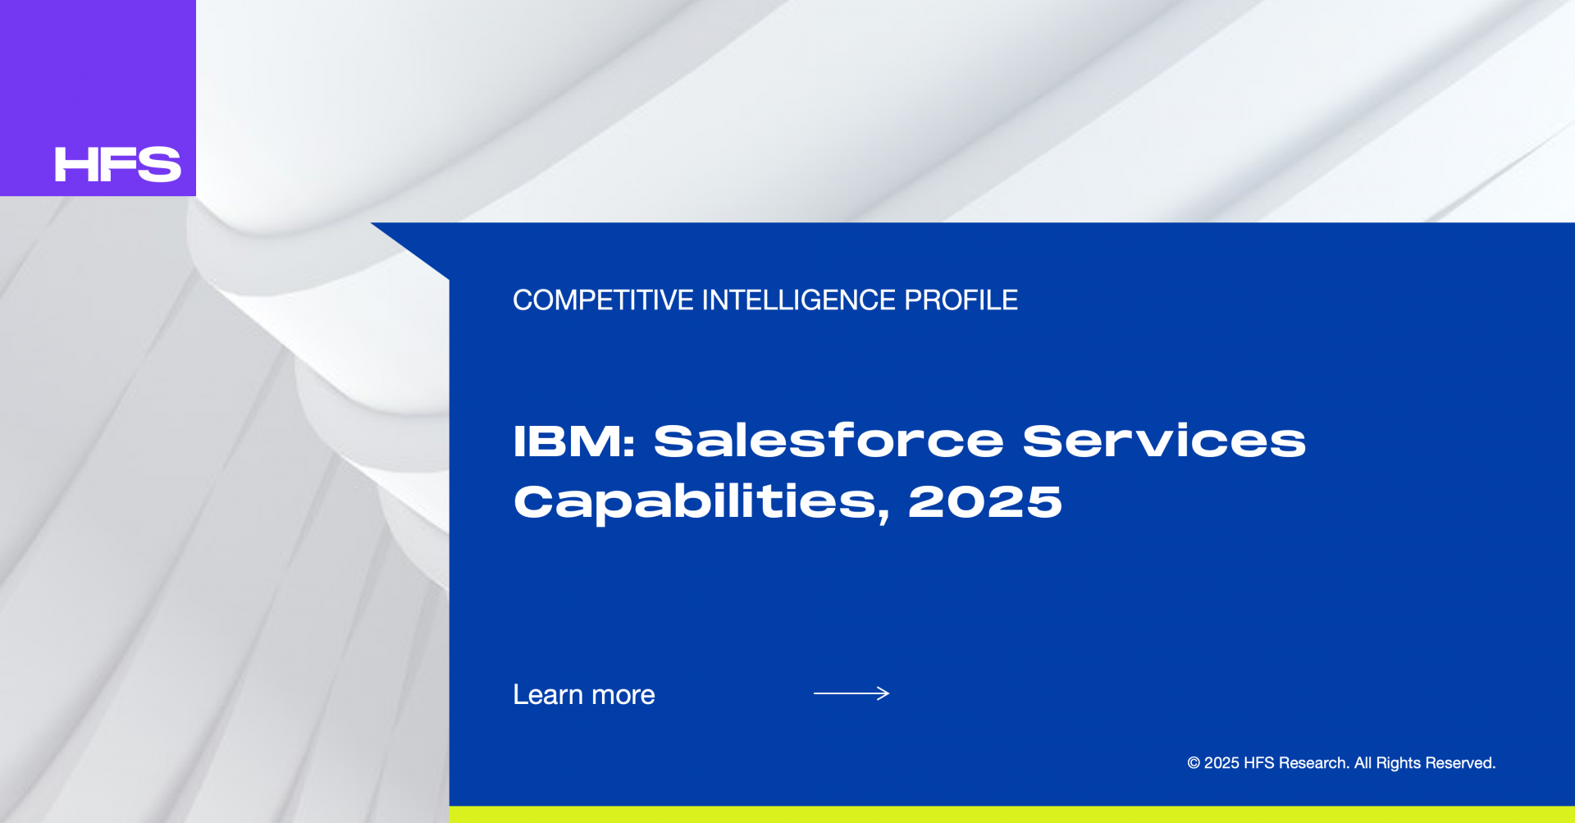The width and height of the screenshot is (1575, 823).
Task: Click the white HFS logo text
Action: [117, 164]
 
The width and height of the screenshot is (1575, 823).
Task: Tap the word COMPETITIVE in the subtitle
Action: [603, 300]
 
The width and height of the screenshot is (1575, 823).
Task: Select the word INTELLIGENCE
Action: [799, 300]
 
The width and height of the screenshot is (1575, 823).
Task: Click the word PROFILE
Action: [961, 300]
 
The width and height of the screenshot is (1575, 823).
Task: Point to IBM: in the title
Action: [574, 441]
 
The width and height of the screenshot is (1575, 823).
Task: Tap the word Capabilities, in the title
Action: [702, 502]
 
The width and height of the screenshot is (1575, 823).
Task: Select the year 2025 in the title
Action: [985, 501]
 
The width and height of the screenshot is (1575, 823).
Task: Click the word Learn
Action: [548, 695]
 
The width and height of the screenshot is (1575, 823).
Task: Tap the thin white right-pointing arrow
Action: [851, 693]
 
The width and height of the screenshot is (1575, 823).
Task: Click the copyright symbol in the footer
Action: [1194, 763]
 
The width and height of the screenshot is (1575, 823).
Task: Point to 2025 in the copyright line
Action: [1221, 763]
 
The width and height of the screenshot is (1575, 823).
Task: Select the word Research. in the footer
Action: [1314, 763]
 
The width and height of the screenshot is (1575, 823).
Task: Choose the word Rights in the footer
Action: [1399, 764]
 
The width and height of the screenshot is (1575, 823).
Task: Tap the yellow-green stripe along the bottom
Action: [1012, 815]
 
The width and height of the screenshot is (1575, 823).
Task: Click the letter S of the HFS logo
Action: [160, 164]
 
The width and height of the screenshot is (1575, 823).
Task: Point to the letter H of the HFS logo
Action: [74, 164]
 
